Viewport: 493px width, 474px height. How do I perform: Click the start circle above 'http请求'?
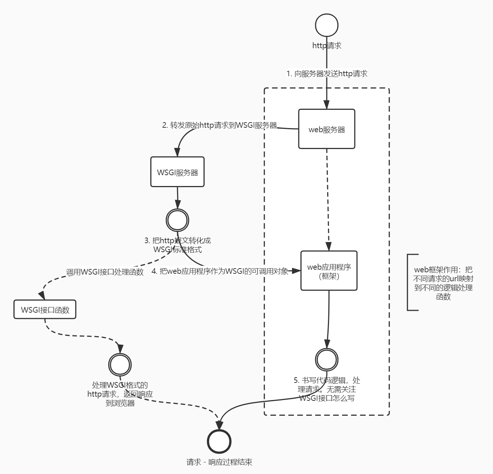pos(326,25)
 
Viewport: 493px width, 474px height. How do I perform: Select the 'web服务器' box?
pos(326,129)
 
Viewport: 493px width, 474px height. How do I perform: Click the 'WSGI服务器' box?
pos(177,172)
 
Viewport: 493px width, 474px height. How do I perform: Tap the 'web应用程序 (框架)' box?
pos(329,271)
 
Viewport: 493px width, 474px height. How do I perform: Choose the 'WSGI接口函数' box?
pos(45,309)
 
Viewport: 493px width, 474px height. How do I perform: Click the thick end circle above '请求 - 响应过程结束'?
pos(219,442)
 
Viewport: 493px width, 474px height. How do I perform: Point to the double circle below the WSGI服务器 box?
pos(178,220)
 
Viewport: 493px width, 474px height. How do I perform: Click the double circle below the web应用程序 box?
pos(327,359)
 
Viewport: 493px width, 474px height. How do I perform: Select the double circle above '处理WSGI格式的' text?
pos(120,364)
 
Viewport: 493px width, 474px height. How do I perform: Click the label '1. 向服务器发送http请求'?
pos(327,74)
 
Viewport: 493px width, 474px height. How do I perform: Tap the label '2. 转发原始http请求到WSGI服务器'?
pos(220,125)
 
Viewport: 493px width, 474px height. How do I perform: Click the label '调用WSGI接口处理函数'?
pos(105,272)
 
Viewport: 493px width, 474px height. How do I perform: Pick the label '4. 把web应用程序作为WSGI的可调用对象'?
pos(220,272)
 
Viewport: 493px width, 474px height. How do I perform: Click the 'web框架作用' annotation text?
pos(443,283)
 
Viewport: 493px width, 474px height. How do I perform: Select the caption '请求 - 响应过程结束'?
pos(219,462)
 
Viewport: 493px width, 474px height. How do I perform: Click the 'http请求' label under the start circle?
pos(327,46)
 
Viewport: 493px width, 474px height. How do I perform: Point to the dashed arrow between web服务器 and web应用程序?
pos(328,198)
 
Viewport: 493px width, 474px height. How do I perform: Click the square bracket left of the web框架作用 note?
pos(409,282)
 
